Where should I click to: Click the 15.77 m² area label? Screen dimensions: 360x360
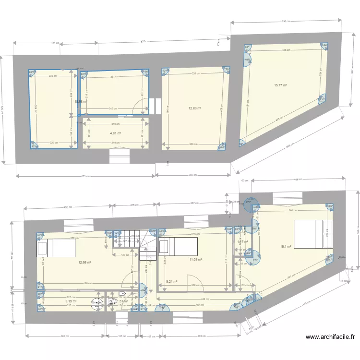pos(280,85)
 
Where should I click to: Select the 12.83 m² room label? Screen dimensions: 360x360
pos(195,108)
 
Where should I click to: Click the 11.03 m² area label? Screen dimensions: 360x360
pos(195,260)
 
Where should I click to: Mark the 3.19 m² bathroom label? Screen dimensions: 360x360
pos(72,301)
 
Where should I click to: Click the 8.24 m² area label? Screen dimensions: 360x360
pos(171,282)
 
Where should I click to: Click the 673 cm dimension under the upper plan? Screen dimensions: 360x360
pos(85,176)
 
